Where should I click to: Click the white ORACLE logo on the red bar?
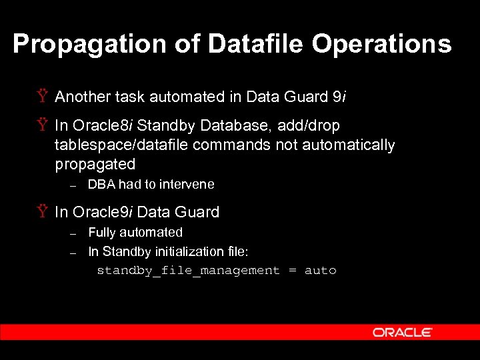402,332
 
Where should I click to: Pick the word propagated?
95,164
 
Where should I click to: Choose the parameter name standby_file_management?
188,271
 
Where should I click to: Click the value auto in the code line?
320,271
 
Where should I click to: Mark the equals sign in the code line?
292,271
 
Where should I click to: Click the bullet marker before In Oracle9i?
43,212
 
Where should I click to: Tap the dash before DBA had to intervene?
74,185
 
